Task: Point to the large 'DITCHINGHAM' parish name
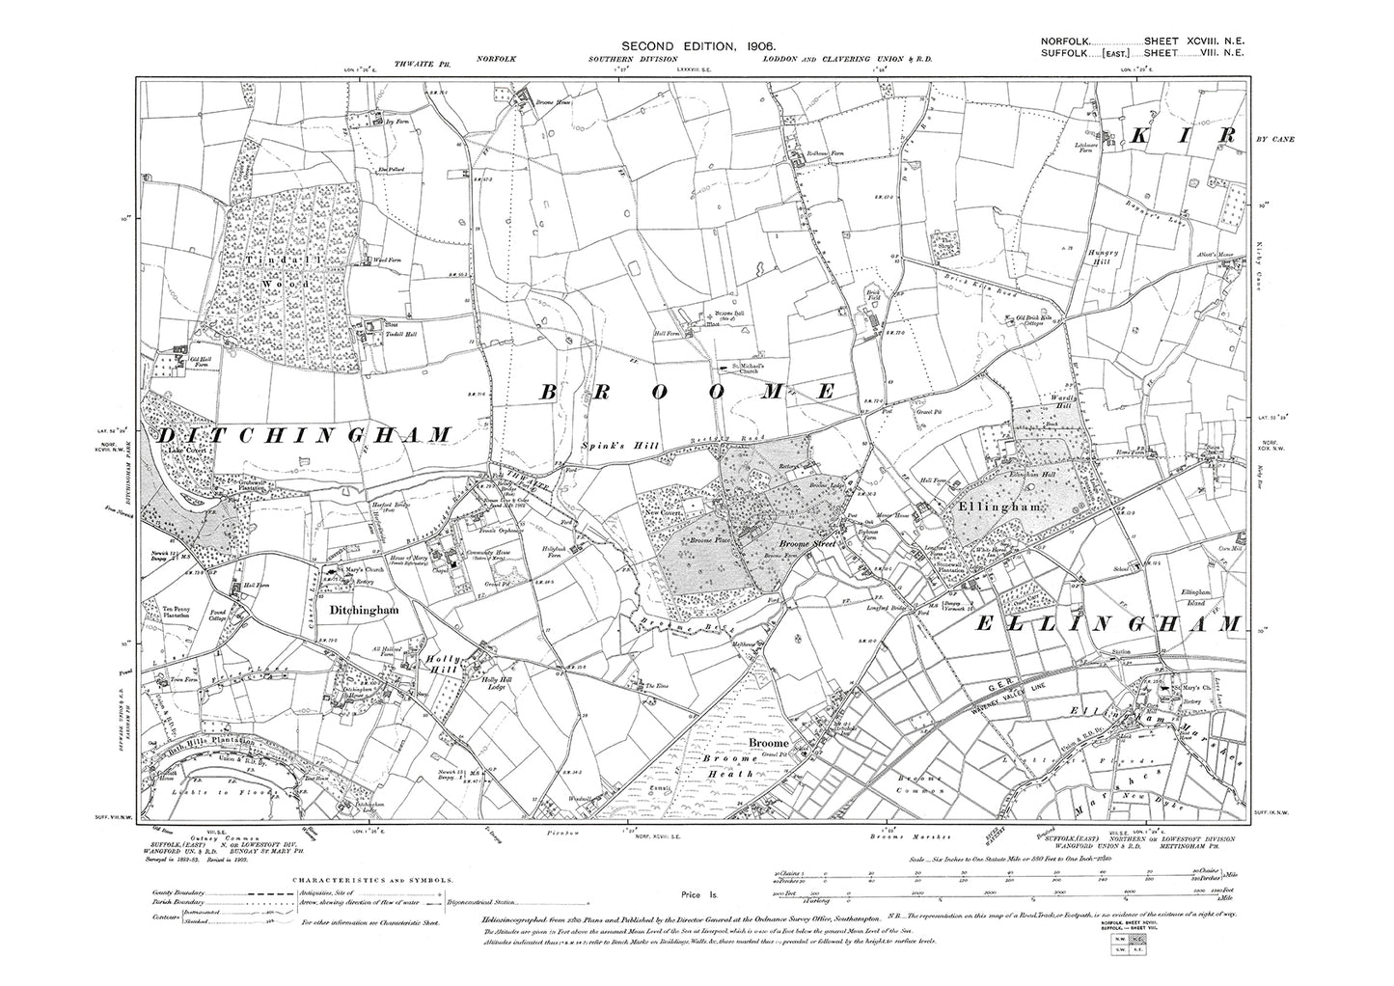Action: [300, 435]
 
